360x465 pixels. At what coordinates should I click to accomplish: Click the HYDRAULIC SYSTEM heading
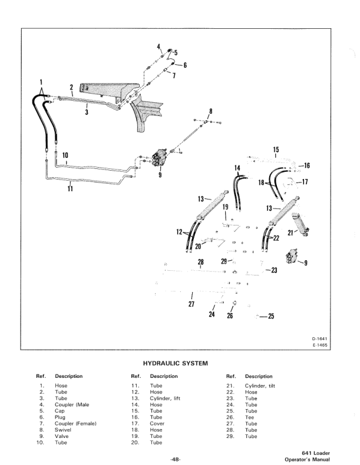(176, 363)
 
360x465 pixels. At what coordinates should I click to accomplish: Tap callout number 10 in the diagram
(65, 155)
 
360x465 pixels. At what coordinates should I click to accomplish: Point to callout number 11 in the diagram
(70, 188)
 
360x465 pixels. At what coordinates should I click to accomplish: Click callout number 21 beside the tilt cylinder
(290, 233)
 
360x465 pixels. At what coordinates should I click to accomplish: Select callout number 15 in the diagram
(276, 150)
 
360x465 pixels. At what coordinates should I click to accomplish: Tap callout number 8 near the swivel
(211, 111)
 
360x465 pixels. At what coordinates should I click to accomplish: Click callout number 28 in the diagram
(201, 262)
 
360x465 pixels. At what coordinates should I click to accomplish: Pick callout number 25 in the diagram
(271, 316)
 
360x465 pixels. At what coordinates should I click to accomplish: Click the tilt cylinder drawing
(300, 224)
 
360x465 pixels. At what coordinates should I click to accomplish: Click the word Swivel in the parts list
(63, 430)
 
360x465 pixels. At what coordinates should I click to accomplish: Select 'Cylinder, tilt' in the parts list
(260, 386)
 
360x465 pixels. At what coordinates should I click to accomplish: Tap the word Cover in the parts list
(157, 423)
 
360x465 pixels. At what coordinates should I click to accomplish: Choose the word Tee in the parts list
(249, 417)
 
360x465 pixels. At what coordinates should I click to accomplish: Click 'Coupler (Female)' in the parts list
(75, 423)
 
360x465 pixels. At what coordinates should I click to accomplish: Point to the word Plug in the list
(60, 417)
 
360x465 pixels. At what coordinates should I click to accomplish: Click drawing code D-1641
(319, 339)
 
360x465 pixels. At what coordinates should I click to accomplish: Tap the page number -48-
(175, 459)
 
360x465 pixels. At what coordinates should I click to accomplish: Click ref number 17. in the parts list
(135, 423)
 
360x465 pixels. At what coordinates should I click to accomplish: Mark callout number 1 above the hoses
(41, 82)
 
